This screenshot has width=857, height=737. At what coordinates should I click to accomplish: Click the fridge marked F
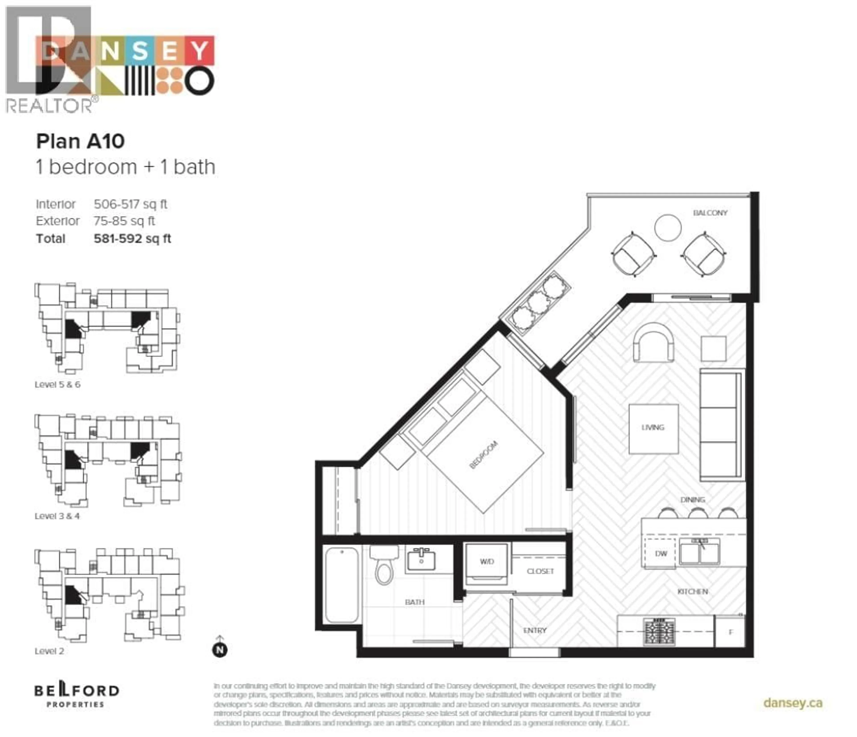[730, 632]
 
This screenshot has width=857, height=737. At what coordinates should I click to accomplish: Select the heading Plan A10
[80, 141]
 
